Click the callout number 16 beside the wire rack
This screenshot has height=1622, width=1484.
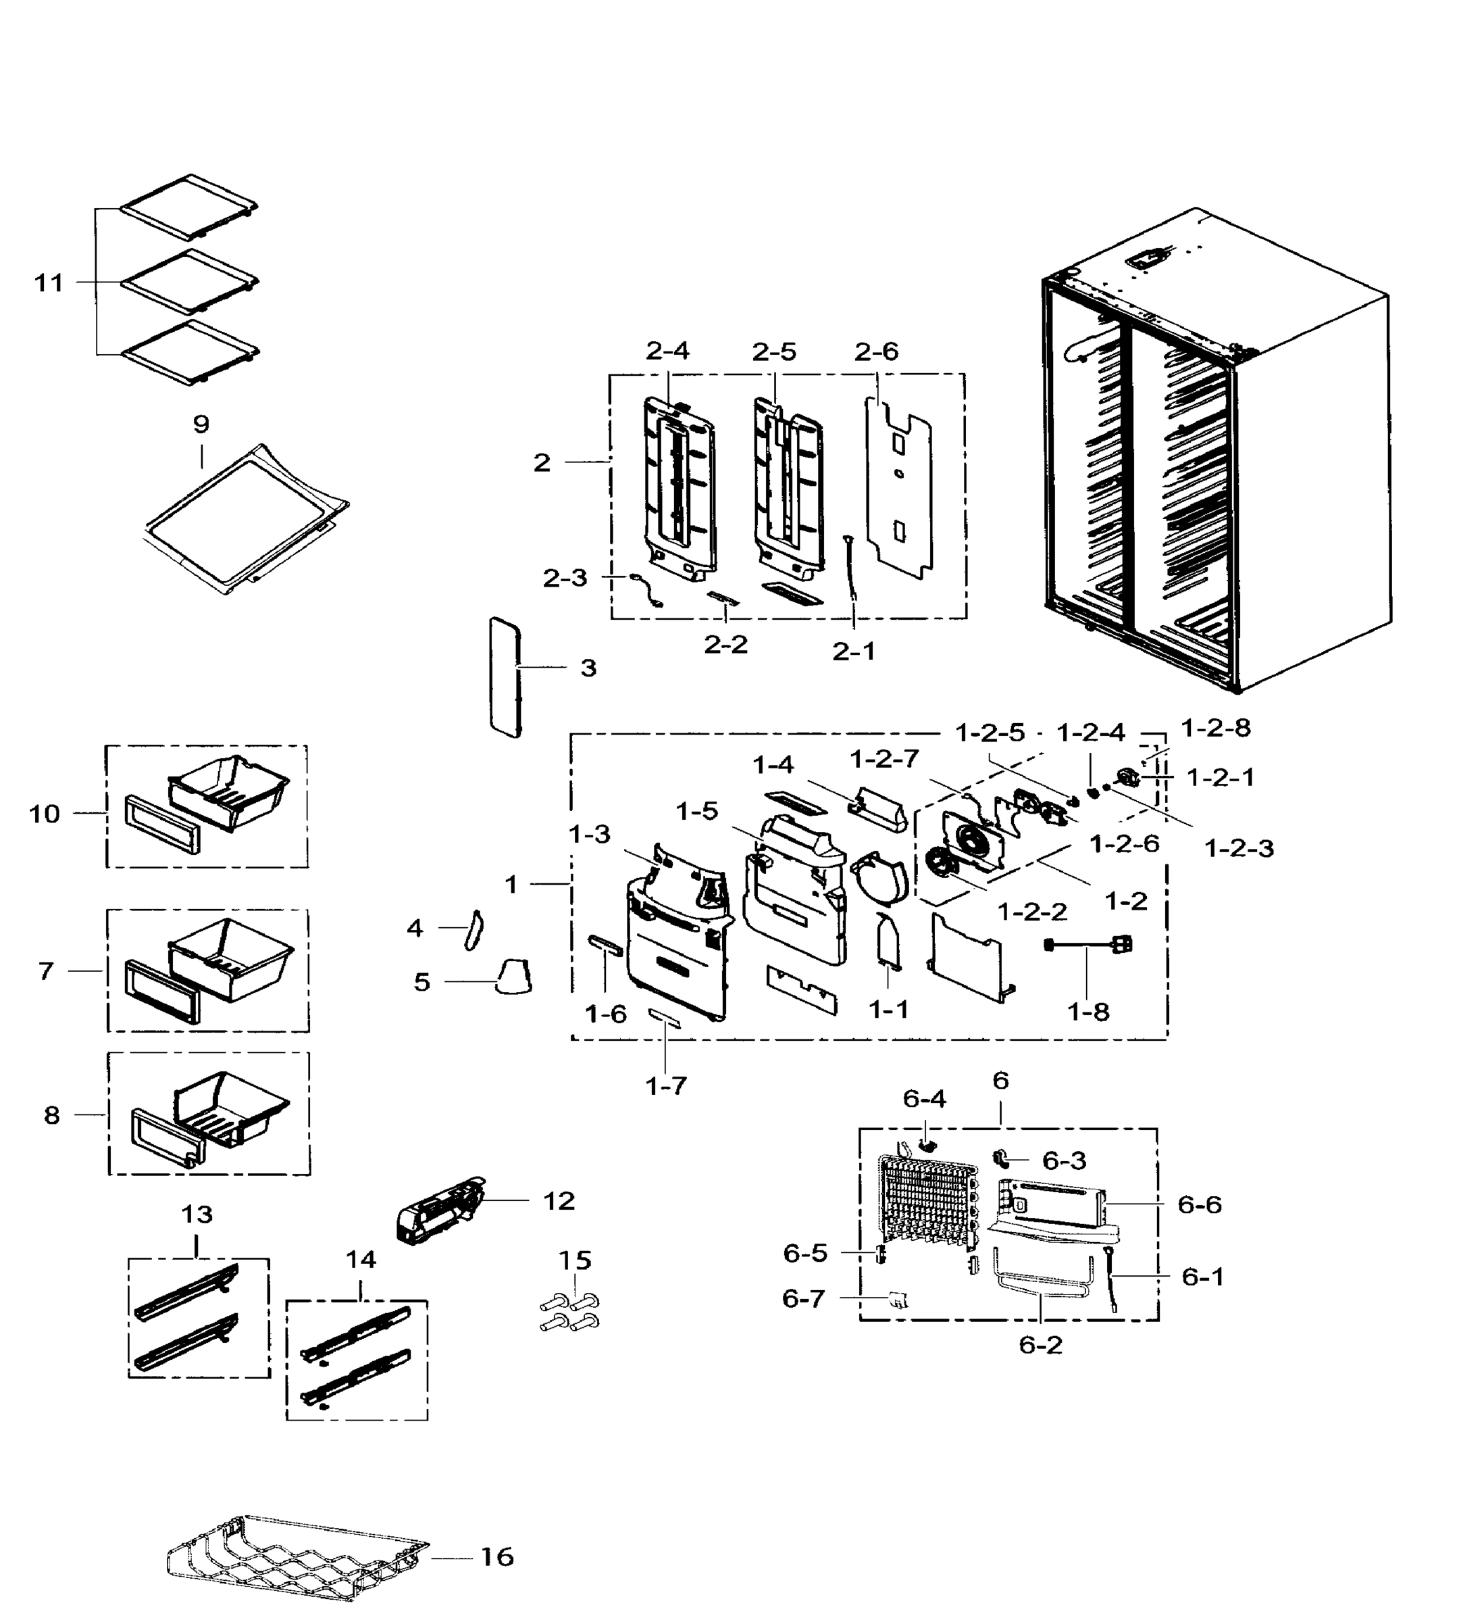tap(497, 1557)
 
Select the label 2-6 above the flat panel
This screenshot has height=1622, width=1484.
tap(876, 351)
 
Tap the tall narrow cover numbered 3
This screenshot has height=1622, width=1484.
tap(505, 677)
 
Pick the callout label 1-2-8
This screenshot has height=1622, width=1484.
tap(1215, 728)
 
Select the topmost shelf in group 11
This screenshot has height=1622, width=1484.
tap(190, 206)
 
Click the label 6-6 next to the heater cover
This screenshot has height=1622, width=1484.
tap(1199, 1204)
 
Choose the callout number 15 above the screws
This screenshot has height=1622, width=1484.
tap(575, 1260)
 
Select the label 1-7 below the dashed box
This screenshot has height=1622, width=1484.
tap(666, 1086)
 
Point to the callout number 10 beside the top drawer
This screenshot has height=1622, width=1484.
tap(45, 814)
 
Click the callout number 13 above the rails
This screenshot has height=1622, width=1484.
tap(197, 1214)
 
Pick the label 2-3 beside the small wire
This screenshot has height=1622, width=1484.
tap(565, 578)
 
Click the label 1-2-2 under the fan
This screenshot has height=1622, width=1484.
tap(1032, 912)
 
